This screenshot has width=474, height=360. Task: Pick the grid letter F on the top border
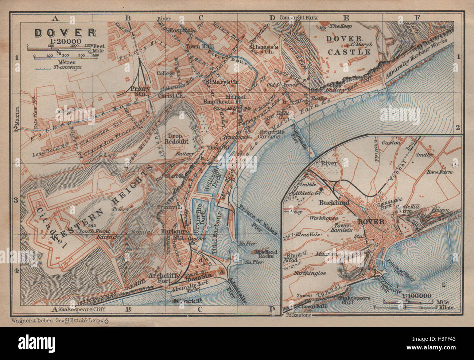pyautogui.click(x=417, y=18)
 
